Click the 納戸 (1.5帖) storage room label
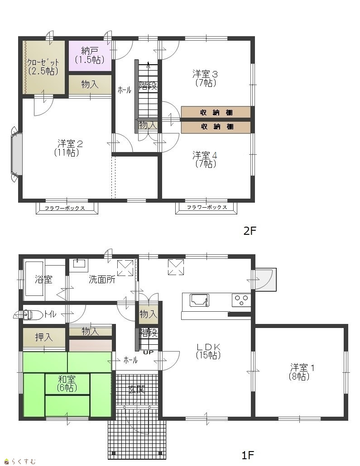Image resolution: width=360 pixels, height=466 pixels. [x=90, y=55]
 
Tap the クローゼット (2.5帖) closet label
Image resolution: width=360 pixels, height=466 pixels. [x=43, y=67]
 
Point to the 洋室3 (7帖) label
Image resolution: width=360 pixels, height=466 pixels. [x=205, y=78]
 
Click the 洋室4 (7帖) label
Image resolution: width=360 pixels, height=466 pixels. [x=205, y=159]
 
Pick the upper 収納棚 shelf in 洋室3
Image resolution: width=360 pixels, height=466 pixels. [x=216, y=112]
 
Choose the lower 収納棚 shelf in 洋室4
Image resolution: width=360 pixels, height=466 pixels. [x=216, y=127]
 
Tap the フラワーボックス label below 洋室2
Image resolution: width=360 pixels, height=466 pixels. [x=65, y=208]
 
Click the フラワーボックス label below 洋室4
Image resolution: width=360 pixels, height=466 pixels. [x=207, y=208]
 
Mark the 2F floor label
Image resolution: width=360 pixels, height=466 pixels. [x=250, y=231]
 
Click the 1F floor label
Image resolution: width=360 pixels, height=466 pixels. [x=248, y=455]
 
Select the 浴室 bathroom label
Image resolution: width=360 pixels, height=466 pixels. [x=43, y=279]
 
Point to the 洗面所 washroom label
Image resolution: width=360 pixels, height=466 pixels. [x=102, y=279]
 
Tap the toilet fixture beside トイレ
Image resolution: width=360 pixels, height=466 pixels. [x=28, y=315]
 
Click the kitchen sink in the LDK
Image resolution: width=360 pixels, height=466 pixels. [x=199, y=300]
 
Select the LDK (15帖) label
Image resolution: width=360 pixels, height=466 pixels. [x=208, y=351]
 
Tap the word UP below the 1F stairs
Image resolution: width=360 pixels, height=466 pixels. [x=149, y=352]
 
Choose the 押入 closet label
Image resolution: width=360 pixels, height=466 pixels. [x=44, y=337]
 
